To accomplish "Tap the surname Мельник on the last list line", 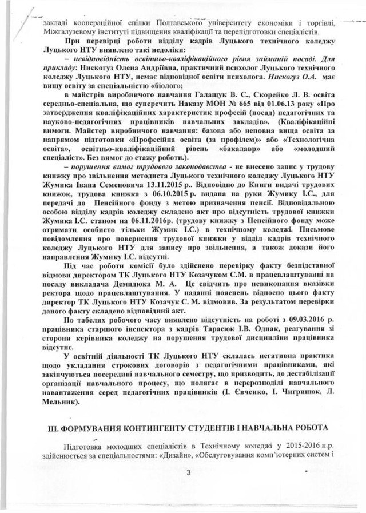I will pos(59,401).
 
